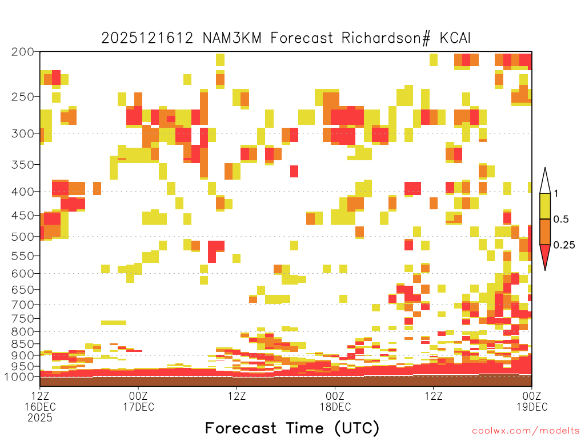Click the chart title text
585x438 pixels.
click(286, 38)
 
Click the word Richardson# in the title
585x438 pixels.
click(386, 38)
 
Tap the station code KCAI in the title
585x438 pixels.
click(455, 38)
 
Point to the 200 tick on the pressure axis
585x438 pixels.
click(22, 52)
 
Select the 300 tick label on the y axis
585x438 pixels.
click(22, 133)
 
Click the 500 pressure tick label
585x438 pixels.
click(22, 237)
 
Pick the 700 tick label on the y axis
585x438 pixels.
click(22, 305)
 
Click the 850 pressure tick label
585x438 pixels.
click(22, 344)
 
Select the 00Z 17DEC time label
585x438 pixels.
click(138, 401)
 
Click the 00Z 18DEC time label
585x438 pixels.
click(335, 401)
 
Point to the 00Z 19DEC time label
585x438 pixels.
click(532, 401)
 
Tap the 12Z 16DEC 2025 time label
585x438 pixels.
click(40, 407)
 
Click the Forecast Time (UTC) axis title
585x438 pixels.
click(292, 428)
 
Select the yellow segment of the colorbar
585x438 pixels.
click(545, 206)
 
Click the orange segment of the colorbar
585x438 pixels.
click(545, 232)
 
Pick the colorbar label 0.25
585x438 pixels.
click(564, 245)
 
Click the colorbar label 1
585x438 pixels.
click(556, 193)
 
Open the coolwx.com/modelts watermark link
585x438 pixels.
click(526, 431)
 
